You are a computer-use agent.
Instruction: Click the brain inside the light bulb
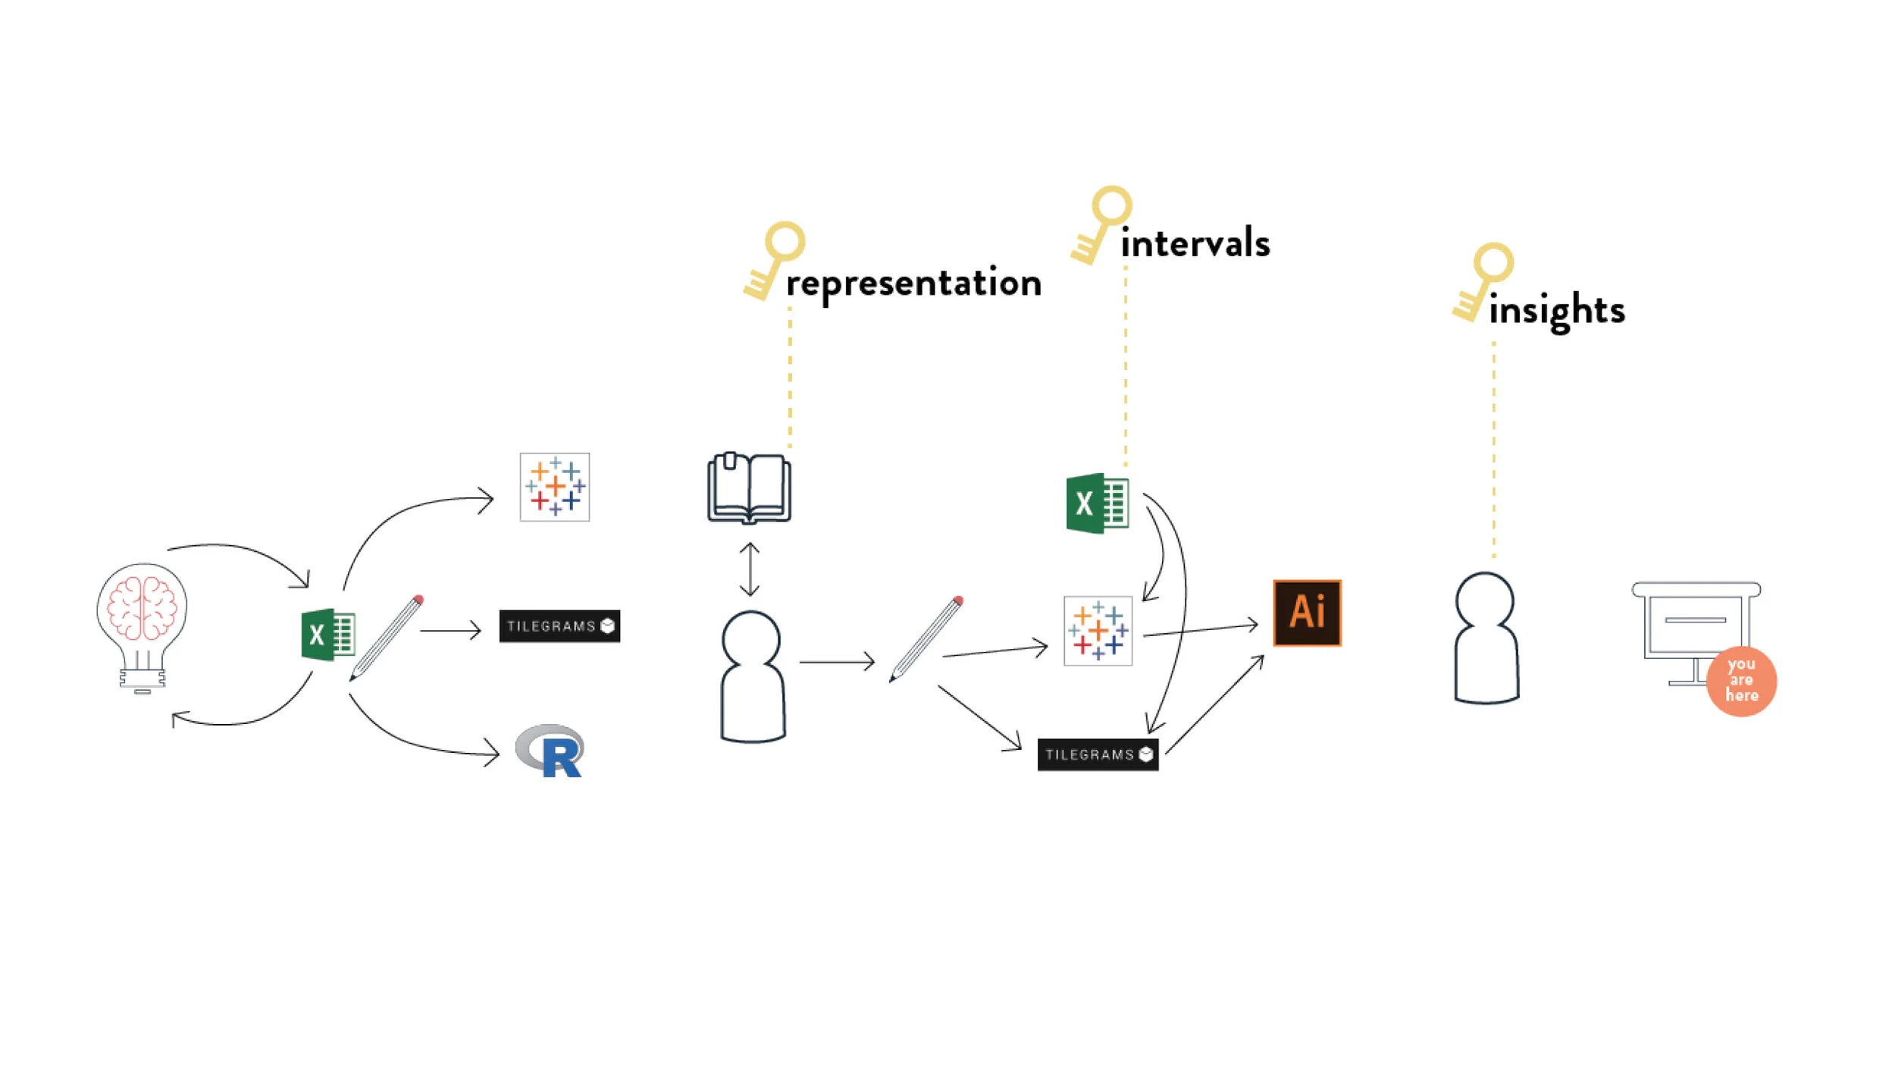142,607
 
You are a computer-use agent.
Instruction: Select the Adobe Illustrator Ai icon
1307,613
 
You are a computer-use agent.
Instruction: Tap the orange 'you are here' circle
1741,680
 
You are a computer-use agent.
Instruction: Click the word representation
913,284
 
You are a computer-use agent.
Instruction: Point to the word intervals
1195,243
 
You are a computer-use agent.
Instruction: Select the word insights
1556,310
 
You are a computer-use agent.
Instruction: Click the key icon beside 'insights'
1483,281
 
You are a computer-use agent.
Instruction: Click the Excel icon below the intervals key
1097,503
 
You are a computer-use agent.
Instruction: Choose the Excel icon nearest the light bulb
327,635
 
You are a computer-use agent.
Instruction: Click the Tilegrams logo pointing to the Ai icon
1098,754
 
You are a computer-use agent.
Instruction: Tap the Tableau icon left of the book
554,487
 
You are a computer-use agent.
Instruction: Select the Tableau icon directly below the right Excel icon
1098,630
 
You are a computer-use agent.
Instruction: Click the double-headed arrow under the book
750,569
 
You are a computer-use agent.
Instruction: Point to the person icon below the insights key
1486,638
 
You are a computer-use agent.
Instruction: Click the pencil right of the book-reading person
926,639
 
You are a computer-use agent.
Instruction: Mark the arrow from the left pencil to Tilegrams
450,630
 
